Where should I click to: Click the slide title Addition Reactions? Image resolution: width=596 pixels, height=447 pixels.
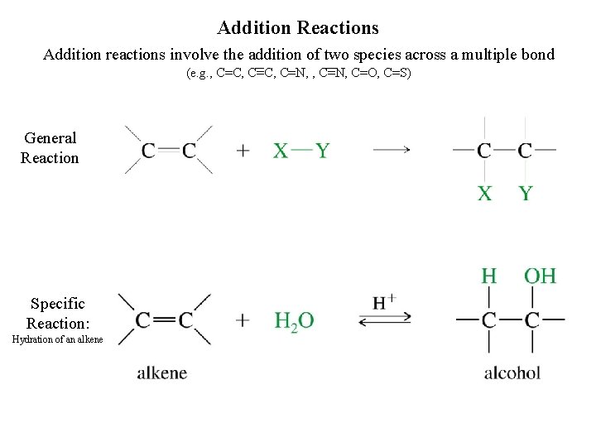[298, 28]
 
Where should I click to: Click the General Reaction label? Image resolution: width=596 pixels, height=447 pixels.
[50, 148]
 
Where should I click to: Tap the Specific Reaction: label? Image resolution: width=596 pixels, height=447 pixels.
[57, 314]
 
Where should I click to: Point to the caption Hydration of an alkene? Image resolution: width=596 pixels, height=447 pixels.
[57, 340]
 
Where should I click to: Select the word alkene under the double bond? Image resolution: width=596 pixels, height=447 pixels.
[162, 372]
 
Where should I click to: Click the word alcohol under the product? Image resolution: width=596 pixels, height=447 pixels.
[512, 372]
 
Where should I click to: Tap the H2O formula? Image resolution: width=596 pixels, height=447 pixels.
[294, 320]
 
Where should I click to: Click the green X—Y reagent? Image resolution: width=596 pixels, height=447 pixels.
[301, 151]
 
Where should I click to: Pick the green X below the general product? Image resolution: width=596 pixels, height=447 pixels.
[484, 195]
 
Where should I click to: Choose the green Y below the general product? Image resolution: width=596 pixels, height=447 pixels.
[526, 195]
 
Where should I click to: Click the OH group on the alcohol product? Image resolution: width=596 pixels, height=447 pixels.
[540, 276]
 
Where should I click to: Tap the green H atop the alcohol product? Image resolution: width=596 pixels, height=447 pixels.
[489, 276]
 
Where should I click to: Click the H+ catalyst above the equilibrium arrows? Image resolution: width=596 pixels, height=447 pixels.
[384, 302]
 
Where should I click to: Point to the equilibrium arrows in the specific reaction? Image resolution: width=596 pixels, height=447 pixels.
[384, 319]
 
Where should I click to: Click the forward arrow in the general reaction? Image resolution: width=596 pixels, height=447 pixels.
[391, 150]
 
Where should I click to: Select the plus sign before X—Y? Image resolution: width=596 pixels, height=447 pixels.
[243, 151]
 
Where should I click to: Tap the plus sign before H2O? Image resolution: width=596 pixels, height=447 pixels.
[243, 320]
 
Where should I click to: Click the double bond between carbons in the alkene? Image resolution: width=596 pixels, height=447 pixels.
[165, 320]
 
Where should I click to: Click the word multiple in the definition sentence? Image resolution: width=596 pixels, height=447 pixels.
[489, 55]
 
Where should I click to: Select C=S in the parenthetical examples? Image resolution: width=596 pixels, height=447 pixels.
[398, 74]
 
